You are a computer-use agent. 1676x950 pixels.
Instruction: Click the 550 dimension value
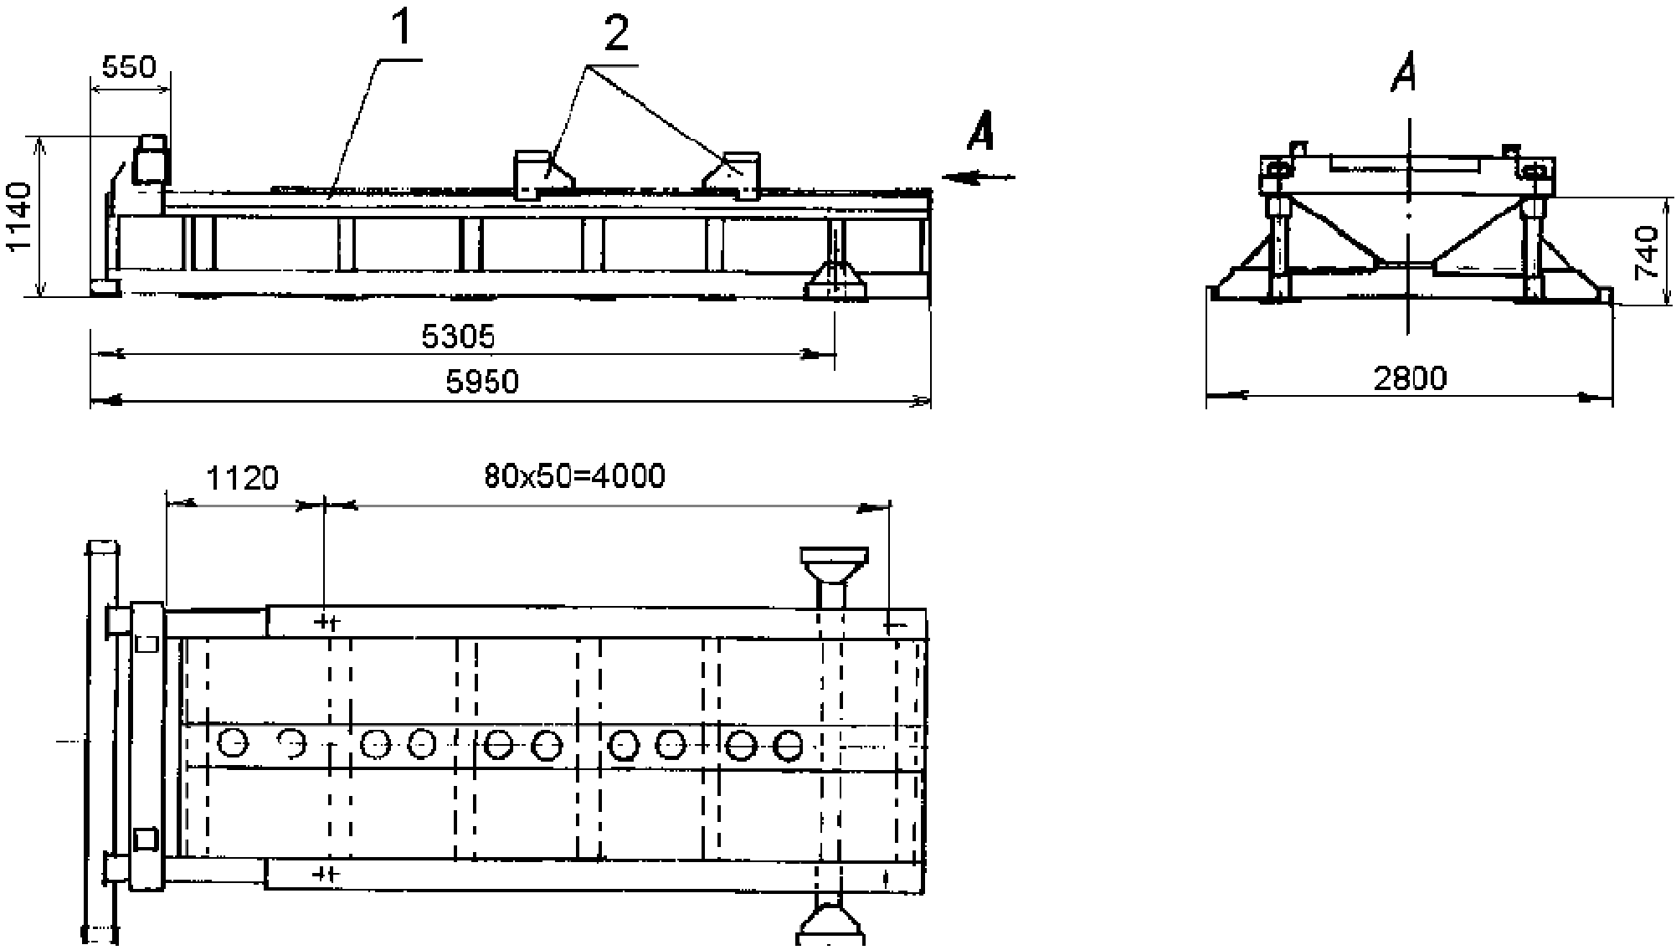point(128,67)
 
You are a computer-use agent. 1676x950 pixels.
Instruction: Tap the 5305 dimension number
point(458,336)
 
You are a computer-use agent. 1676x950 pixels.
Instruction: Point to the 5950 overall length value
point(482,383)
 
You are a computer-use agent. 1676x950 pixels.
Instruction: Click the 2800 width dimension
point(1410,378)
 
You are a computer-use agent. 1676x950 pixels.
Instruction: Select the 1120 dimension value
point(242,479)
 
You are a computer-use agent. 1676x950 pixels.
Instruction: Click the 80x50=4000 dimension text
point(574,476)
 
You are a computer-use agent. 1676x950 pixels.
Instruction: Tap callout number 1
point(403,30)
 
